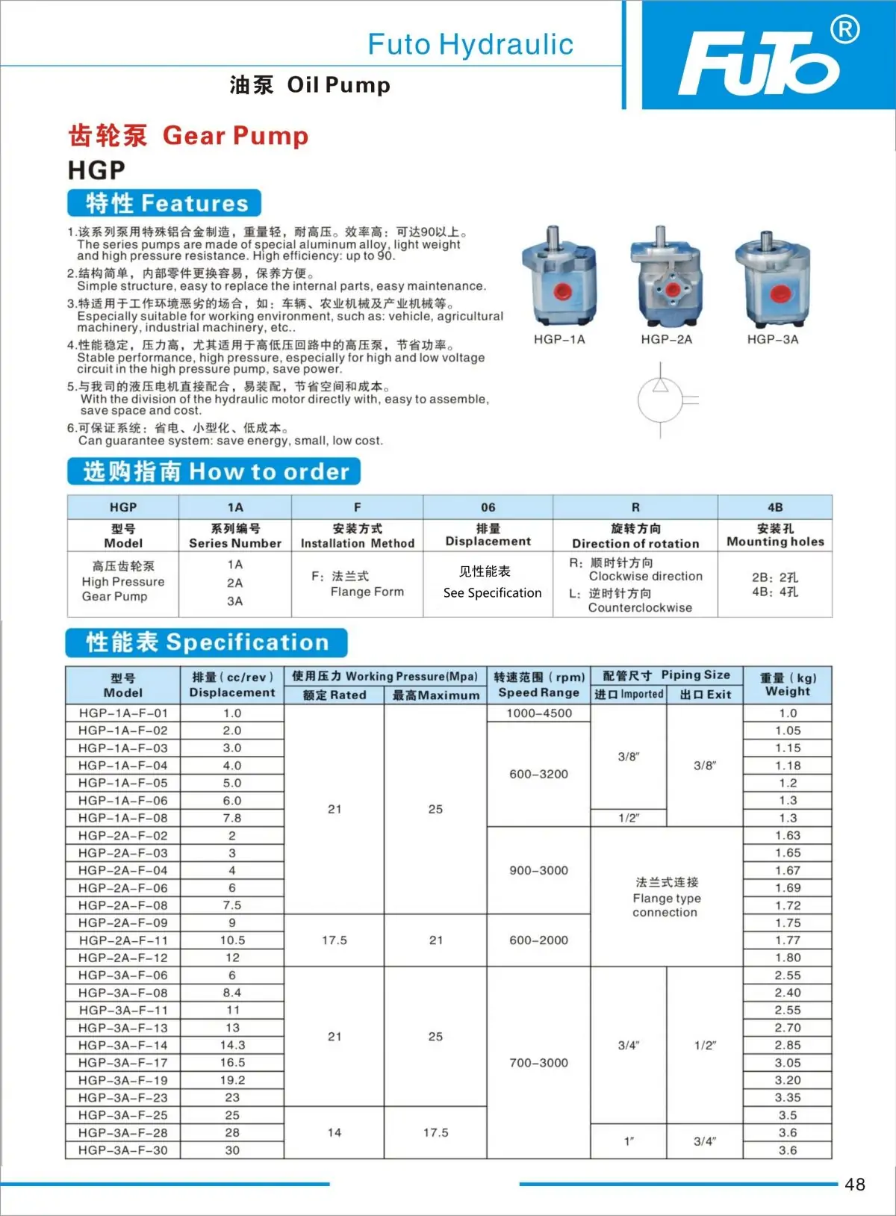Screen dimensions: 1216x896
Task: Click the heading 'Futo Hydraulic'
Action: pos(470,45)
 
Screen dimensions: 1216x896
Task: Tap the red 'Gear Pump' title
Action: pos(235,136)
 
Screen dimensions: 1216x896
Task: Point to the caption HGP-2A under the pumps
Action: pos(666,339)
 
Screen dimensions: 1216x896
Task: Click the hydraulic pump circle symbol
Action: pos(660,400)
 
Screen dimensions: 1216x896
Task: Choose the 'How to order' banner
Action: pos(214,471)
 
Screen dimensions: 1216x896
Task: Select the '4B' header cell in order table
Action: pos(775,507)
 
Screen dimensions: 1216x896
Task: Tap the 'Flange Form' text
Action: pos(367,592)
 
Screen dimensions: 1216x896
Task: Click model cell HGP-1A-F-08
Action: pos(123,818)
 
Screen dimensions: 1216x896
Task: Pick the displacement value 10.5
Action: pos(232,940)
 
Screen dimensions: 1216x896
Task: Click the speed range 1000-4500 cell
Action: pos(539,713)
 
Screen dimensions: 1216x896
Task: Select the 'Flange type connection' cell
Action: pos(666,897)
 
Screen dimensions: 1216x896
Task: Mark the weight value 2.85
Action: pos(788,1045)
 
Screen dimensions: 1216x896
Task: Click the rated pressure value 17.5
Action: pos(335,940)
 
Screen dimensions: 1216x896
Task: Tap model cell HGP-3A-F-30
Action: pos(123,1150)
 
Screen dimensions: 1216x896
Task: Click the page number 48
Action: pos(855,1185)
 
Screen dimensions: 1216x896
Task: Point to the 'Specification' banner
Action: pos(207,642)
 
